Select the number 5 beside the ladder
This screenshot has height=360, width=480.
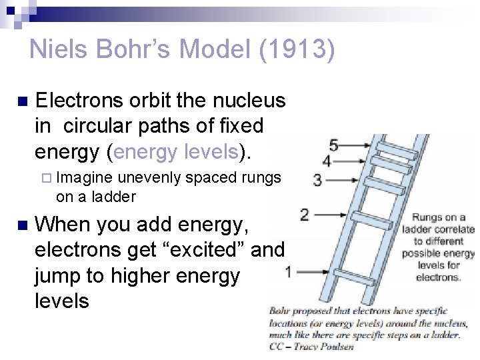pyautogui.click(x=333, y=145)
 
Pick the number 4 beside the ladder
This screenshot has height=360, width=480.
pyautogui.click(x=327, y=161)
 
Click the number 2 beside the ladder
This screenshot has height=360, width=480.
pyautogui.click(x=305, y=215)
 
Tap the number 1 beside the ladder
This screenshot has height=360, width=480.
pyautogui.click(x=288, y=271)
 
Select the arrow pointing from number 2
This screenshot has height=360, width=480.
pyautogui.click(x=330, y=215)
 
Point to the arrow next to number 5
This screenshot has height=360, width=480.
pyautogui.click(x=357, y=145)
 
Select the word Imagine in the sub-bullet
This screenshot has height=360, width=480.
pyautogui.click(x=85, y=178)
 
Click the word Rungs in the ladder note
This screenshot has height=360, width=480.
pyautogui.click(x=428, y=217)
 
